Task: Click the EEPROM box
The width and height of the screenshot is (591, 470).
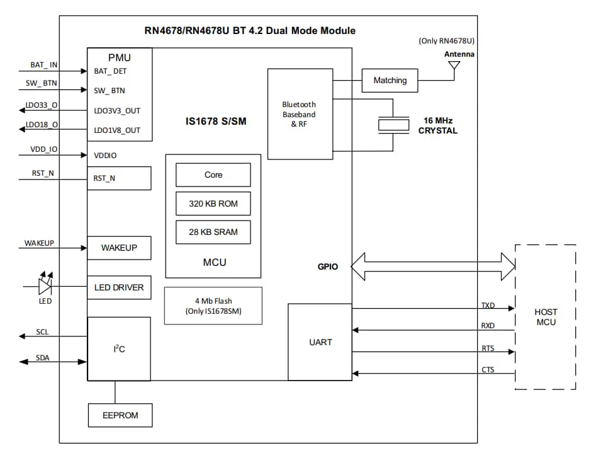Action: [119, 415]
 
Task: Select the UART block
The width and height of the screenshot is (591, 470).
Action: [320, 342]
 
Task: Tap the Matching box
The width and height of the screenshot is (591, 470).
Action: [390, 81]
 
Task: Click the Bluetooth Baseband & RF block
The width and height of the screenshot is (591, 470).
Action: [300, 114]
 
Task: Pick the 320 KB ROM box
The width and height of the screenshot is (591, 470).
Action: [213, 203]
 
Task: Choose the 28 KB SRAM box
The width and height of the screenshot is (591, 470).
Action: [213, 232]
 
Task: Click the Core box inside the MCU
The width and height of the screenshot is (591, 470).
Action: [213, 175]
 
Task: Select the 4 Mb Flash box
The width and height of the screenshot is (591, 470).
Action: [213, 306]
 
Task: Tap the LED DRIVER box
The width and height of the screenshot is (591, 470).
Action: [119, 287]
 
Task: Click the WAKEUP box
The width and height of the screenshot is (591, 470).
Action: [119, 248]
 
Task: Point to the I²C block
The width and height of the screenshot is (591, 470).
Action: [119, 348]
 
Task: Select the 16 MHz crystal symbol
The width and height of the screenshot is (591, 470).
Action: [393, 125]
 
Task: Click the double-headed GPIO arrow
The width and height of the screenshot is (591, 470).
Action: [433, 266]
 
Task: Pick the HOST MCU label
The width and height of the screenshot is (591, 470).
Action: [545, 317]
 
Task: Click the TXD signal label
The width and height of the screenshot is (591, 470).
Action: [488, 306]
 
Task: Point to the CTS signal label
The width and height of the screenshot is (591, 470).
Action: [488, 370]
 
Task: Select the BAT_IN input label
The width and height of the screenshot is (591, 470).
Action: [44, 65]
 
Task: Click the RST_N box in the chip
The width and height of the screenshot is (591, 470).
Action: [119, 178]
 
